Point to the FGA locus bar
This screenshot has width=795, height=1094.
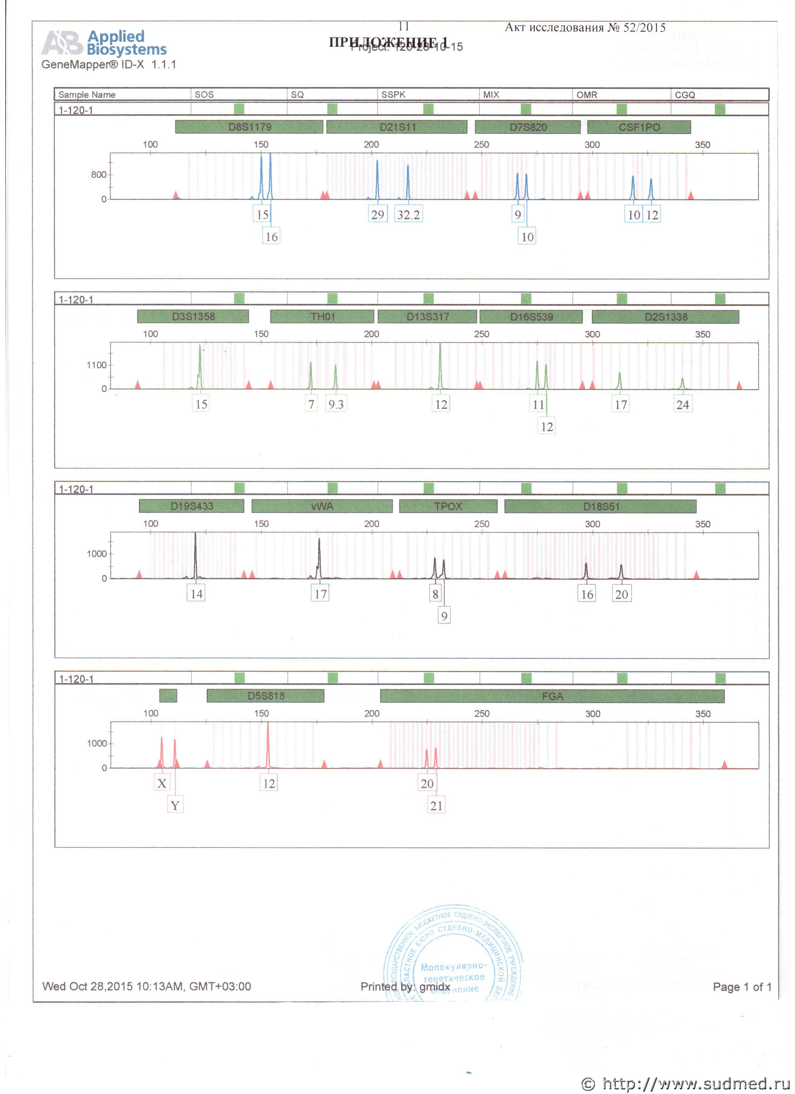pyautogui.click(x=552, y=696)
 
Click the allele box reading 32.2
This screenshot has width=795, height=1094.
pyautogui.click(x=408, y=215)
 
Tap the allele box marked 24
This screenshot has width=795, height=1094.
pyautogui.click(x=683, y=404)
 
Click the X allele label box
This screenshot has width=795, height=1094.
pyautogui.click(x=162, y=783)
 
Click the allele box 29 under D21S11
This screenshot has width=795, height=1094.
pyautogui.click(x=378, y=215)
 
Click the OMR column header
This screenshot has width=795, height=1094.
pyautogui.click(x=587, y=94)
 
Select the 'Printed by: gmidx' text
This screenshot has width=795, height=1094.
pyautogui.click(x=405, y=986)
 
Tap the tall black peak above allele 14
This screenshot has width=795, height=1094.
pyautogui.click(x=195, y=555)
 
